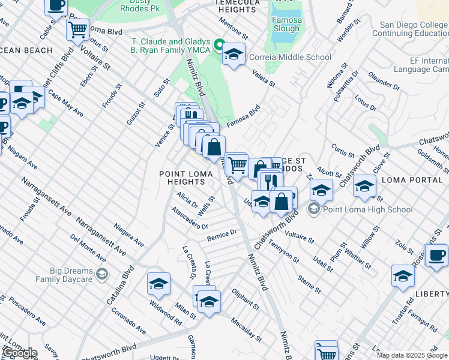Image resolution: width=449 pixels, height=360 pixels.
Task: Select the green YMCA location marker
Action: point(219,45)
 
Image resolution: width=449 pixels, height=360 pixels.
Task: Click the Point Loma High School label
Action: point(367,209)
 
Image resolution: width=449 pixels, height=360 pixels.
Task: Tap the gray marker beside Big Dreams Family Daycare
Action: point(102,274)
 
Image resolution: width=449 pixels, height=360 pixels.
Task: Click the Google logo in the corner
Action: point(20,353)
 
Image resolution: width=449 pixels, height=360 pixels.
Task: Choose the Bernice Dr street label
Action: point(223,235)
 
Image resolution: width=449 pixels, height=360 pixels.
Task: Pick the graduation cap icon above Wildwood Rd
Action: point(158,284)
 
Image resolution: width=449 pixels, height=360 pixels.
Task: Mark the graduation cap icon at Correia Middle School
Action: point(234,55)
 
